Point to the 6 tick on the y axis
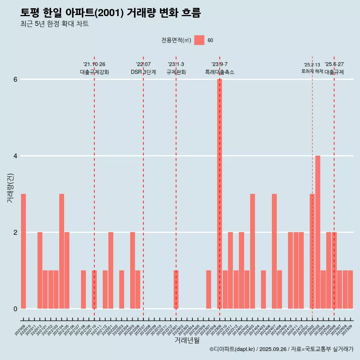click(x=15, y=79)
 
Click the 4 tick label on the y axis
click(x=15, y=156)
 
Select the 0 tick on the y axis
click(x=15, y=309)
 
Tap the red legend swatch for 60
click(x=199, y=40)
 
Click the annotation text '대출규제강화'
click(x=94, y=72)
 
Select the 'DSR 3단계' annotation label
click(x=143, y=72)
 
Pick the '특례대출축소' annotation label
click(x=219, y=72)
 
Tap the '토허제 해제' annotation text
click(x=312, y=71)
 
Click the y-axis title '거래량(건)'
click(x=10, y=188)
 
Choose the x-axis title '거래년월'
click(x=187, y=340)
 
